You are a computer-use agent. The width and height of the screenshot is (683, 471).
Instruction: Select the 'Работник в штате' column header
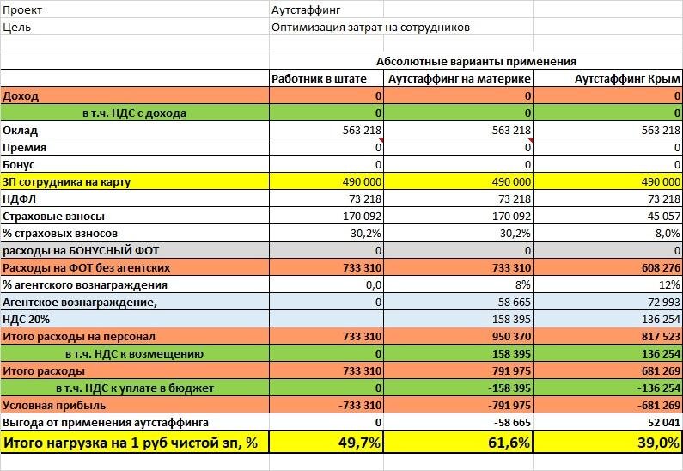[319, 78]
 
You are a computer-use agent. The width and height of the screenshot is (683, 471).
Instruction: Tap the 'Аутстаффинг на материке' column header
[460, 78]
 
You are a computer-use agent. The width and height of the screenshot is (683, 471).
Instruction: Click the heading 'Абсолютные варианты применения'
[475, 62]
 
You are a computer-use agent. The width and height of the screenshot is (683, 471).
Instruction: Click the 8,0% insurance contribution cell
[667, 233]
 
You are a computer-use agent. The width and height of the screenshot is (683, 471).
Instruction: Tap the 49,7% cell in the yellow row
[353, 442]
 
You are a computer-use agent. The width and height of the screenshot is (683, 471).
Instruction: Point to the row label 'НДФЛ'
[20, 199]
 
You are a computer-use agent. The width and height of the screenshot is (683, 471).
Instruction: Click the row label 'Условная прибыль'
[54, 405]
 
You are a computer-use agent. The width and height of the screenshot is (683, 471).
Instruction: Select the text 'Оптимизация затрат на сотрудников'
[370, 27]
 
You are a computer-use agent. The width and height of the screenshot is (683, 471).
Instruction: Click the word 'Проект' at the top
[22, 9]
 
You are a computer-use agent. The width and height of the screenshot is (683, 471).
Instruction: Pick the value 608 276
[659, 267]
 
